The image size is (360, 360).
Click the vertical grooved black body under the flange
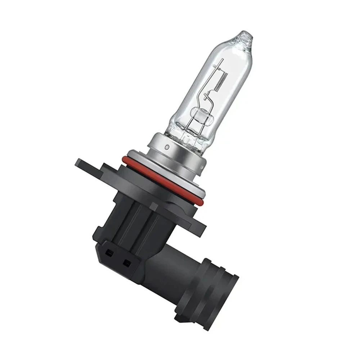(x=133, y=220)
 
